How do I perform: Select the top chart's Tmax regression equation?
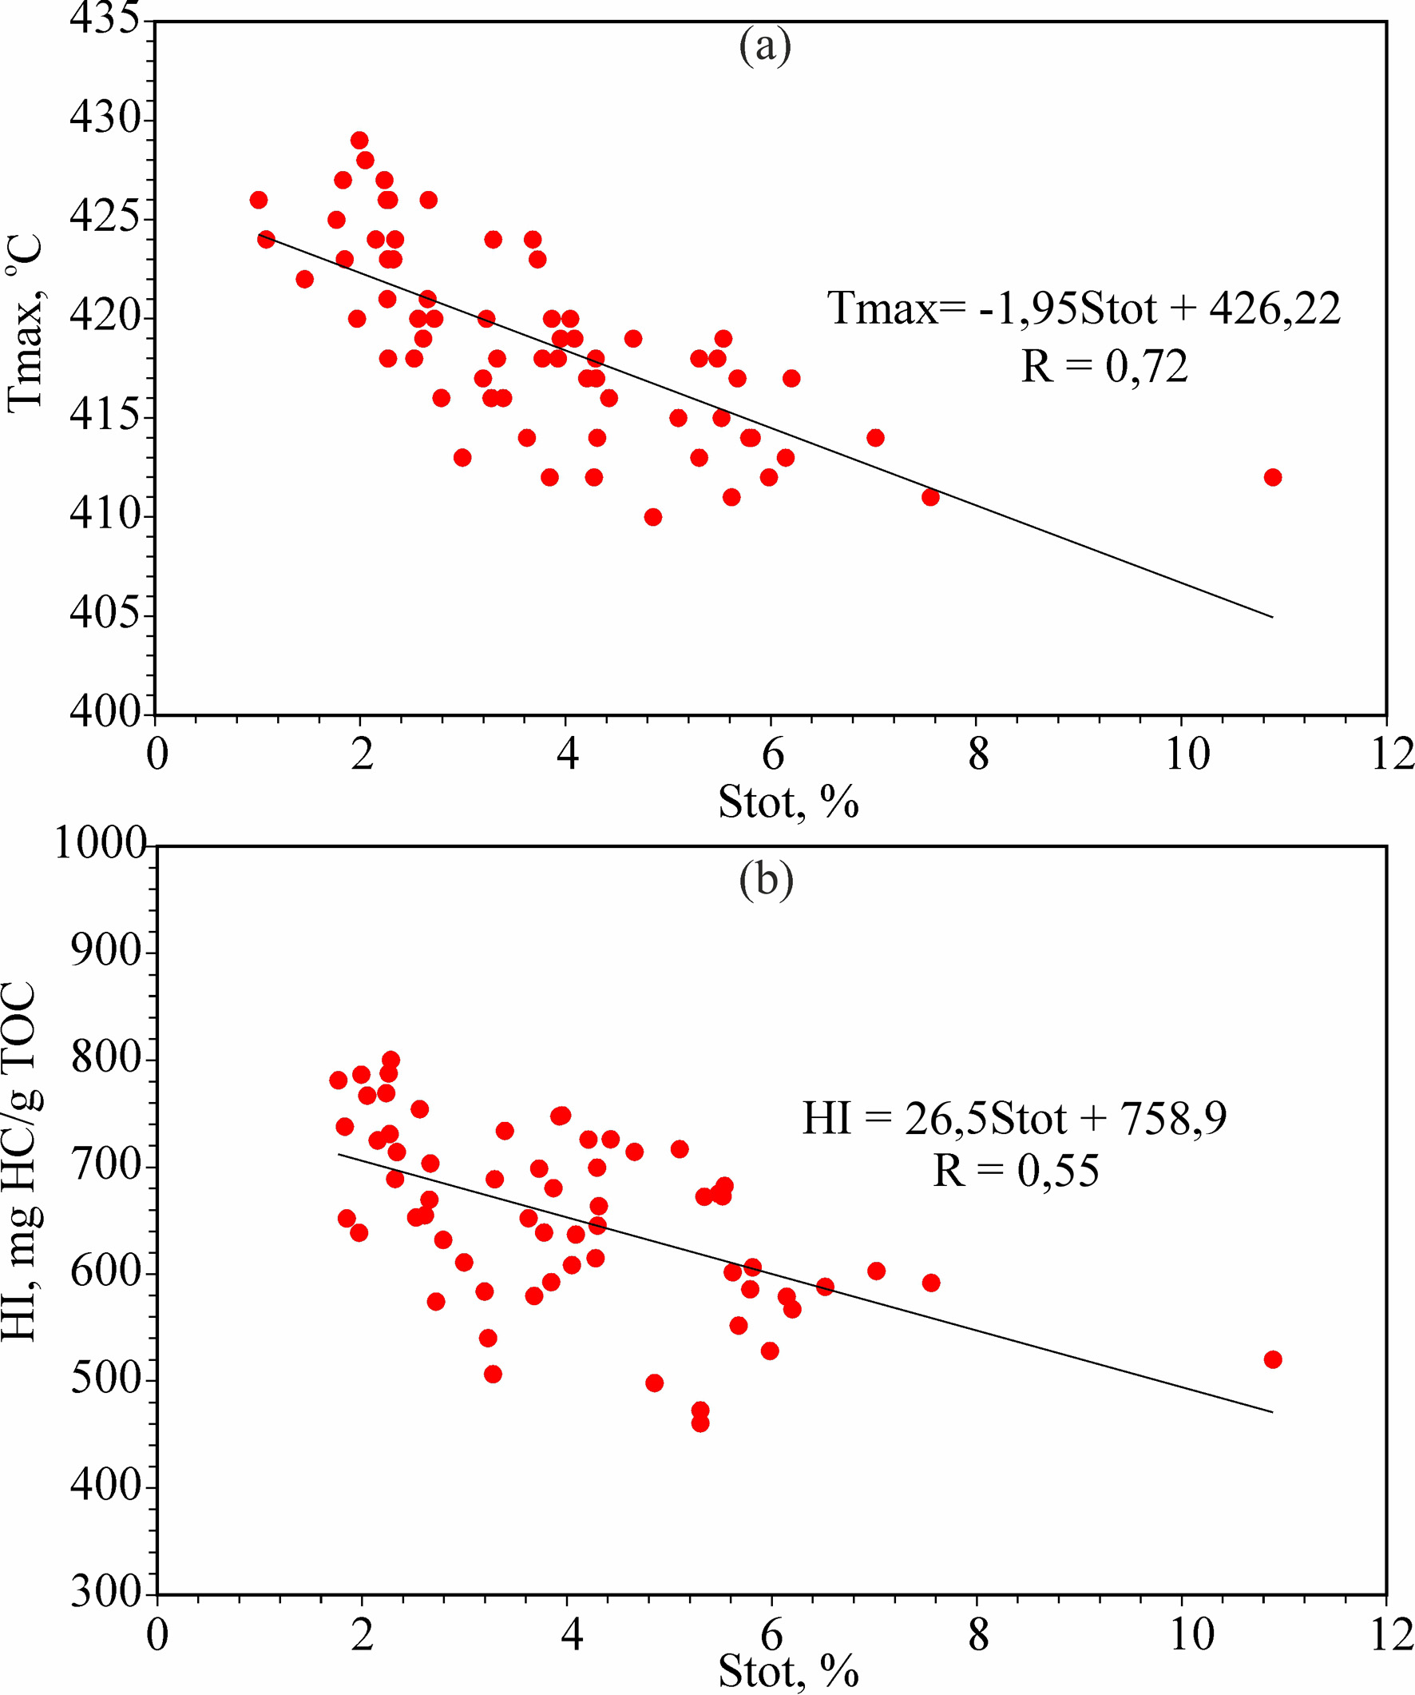click(1084, 309)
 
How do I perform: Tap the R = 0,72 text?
click(1104, 368)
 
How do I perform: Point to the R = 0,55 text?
click(1016, 1170)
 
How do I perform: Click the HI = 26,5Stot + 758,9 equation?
click(1014, 1119)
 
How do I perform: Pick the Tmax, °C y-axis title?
click(24, 324)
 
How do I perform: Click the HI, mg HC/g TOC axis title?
click(19, 1162)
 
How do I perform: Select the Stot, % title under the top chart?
click(788, 802)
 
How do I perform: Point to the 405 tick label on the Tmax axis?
click(105, 615)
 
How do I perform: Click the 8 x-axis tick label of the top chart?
click(977, 754)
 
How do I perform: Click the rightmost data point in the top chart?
click(1273, 477)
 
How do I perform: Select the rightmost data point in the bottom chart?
click(1273, 1359)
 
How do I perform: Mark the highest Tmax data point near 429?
click(360, 141)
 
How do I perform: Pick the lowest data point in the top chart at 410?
click(653, 516)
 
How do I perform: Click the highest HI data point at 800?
click(390, 1060)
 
